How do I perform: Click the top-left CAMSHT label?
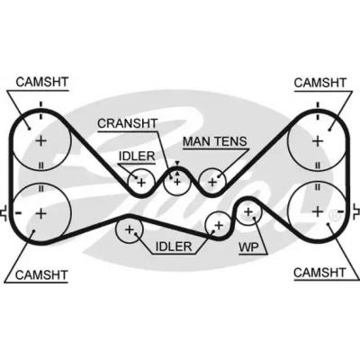[x=42, y=82]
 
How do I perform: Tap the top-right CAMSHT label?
[x=320, y=83]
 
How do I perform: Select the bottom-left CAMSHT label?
[x=41, y=274]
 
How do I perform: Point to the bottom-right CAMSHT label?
[x=319, y=273]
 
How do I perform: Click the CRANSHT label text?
[x=128, y=123]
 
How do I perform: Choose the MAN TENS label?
[x=215, y=141]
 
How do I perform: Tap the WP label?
[x=248, y=247]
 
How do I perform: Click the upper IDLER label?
[x=137, y=157]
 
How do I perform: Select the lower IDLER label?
[x=174, y=247]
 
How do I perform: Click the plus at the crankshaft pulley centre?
[x=177, y=182]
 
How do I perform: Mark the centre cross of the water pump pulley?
[x=248, y=211]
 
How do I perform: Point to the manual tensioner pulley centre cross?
[x=212, y=182]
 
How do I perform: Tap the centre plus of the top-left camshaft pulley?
[x=41, y=140]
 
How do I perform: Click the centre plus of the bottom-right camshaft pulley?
[x=318, y=211]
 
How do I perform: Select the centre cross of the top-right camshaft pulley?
[x=318, y=140]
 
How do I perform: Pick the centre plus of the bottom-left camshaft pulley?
[x=41, y=213]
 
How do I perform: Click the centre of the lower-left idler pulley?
[x=130, y=229]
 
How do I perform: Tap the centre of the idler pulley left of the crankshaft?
[x=141, y=182]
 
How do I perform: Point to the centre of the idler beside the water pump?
[x=219, y=225]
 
